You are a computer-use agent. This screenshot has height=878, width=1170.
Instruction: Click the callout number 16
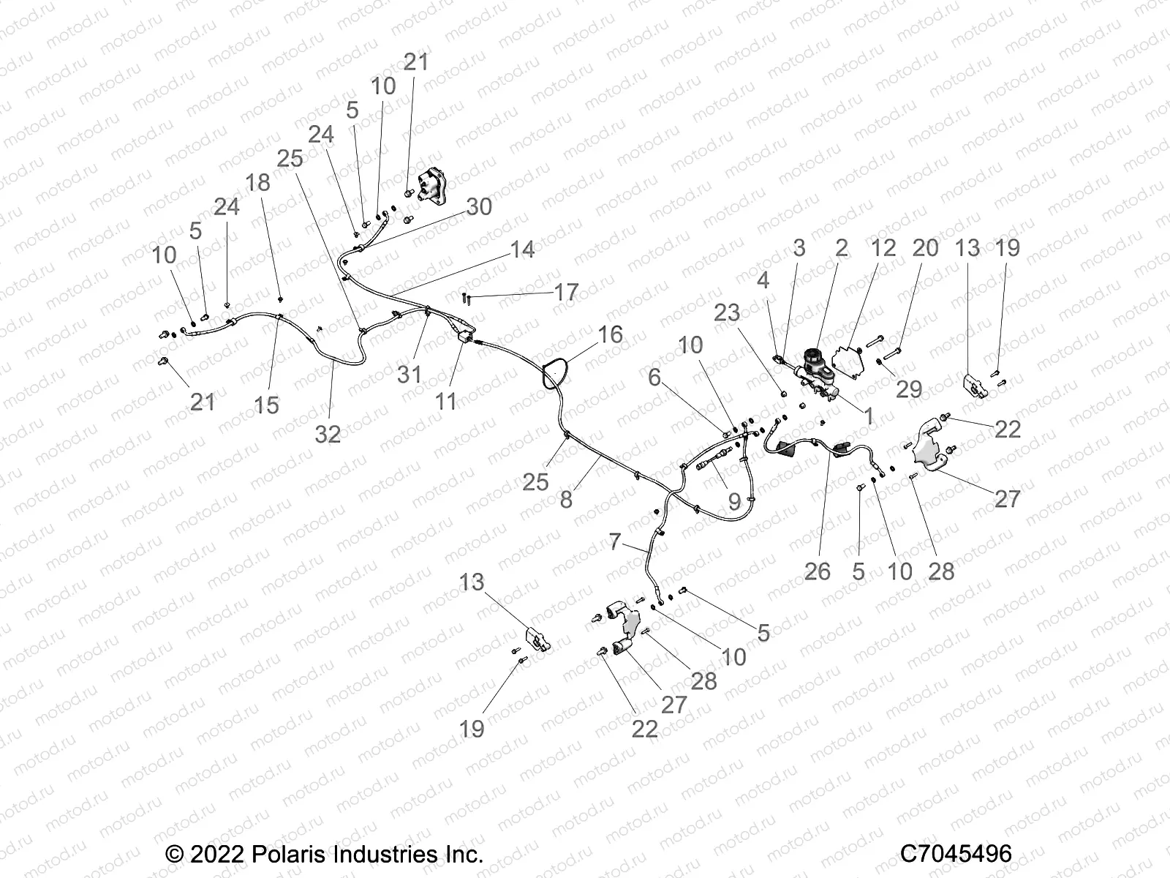(610, 334)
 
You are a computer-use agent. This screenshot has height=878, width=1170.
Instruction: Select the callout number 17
(566, 292)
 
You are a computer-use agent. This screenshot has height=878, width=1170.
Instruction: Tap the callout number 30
(478, 206)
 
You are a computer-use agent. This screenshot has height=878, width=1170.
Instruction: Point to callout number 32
(328, 434)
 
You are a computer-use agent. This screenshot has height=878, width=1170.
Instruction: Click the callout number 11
(446, 400)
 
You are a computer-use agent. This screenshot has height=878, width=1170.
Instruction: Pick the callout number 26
(817, 571)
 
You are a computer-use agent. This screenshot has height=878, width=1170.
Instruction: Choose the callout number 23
(727, 312)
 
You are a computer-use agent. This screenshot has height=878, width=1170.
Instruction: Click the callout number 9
(734, 502)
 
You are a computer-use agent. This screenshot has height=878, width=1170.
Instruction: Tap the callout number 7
(614, 542)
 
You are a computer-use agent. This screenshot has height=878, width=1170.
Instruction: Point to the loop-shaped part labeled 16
(554, 372)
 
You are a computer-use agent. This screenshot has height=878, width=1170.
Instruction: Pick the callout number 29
(909, 389)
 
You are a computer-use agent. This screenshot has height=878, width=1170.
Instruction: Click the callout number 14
(522, 249)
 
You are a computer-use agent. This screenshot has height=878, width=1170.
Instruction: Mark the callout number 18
(257, 181)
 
